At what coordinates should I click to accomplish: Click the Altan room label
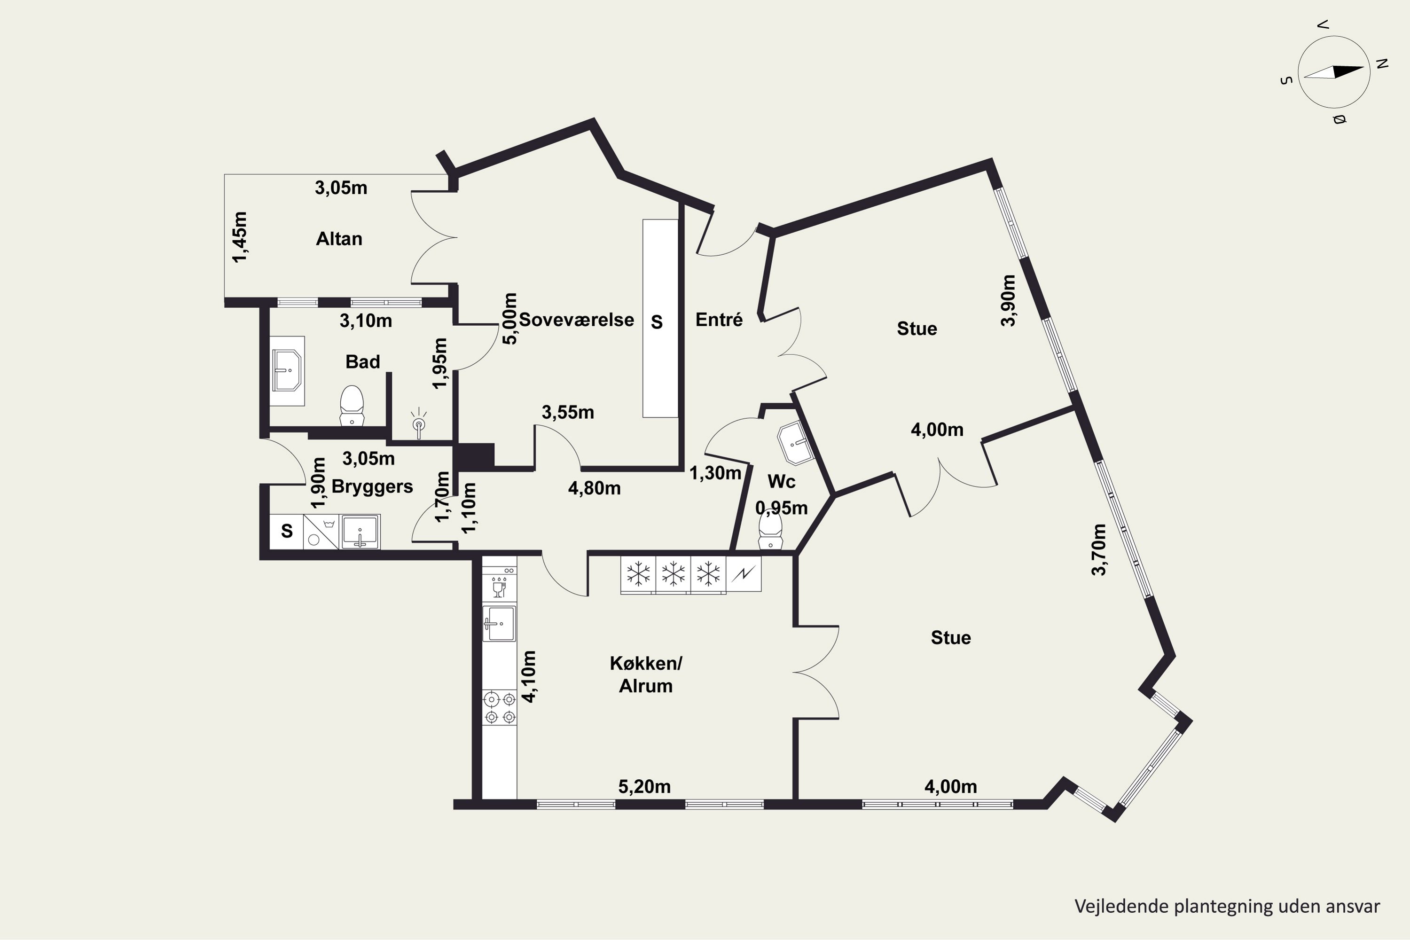pos(339,239)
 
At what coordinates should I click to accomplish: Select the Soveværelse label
pos(576,320)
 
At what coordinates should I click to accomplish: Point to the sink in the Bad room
pos(287,370)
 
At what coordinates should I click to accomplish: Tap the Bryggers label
pos(372,486)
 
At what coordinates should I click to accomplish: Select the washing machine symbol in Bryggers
pos(321,532)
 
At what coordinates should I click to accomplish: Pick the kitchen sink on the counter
pos(499,624)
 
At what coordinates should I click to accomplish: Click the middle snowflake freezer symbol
pos(673,574)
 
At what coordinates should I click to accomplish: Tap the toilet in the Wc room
pos(770,531)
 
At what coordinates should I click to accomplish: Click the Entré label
pos(719,320)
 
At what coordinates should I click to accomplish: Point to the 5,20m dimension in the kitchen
pos(644,786)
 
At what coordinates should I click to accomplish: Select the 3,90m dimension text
pos(1008,300)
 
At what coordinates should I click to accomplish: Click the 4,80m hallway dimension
pos(594,488)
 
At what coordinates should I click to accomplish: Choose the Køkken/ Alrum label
pos(646,674)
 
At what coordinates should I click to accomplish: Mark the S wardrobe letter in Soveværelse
pos(657,322)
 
